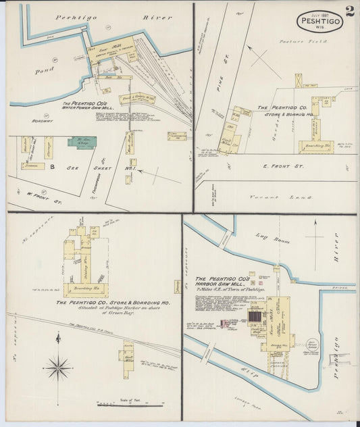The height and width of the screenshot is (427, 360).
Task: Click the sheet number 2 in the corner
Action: tap(349, 11)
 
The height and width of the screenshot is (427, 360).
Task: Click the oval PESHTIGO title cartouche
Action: tap(320, 20)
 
